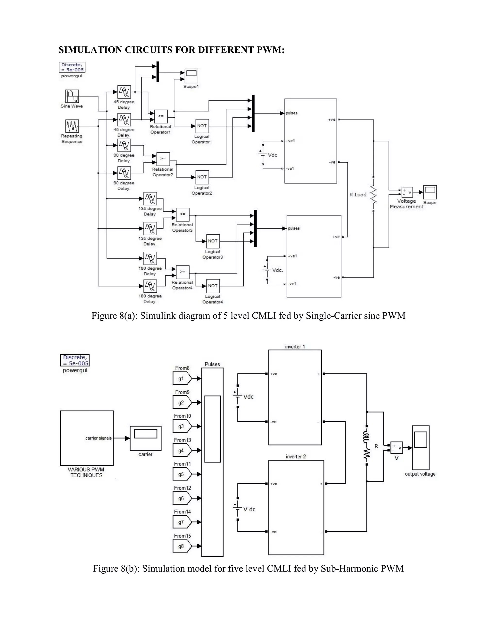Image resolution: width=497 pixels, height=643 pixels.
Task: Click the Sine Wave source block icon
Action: (72, 96)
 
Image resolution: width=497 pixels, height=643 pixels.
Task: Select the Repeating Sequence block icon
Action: (72, 126)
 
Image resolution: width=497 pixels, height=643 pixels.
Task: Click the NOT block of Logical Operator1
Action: (202, 126)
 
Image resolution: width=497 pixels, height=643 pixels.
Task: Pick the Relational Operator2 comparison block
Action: (163, 159)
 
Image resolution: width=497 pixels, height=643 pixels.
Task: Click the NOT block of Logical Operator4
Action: (213, 286)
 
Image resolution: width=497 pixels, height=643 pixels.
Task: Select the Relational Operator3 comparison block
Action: (182, 214)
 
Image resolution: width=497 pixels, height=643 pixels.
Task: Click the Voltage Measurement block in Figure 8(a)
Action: (407, 192)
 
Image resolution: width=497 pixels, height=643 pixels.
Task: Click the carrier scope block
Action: (145, 438)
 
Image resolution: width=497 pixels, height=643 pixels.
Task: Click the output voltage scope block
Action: (421, 447)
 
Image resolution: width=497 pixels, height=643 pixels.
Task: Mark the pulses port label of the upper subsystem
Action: (291, 113)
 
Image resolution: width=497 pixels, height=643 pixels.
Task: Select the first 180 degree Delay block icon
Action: (150, 258)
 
